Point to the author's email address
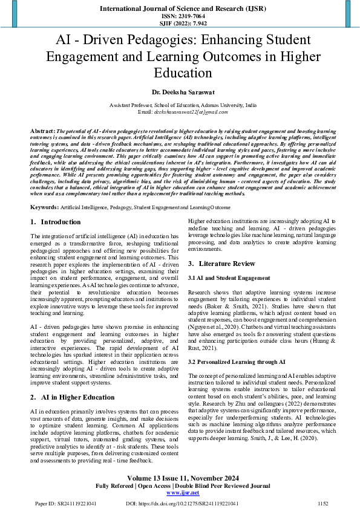click(180, 112)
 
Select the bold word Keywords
click(45, 207)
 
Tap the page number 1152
click(322, 502)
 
